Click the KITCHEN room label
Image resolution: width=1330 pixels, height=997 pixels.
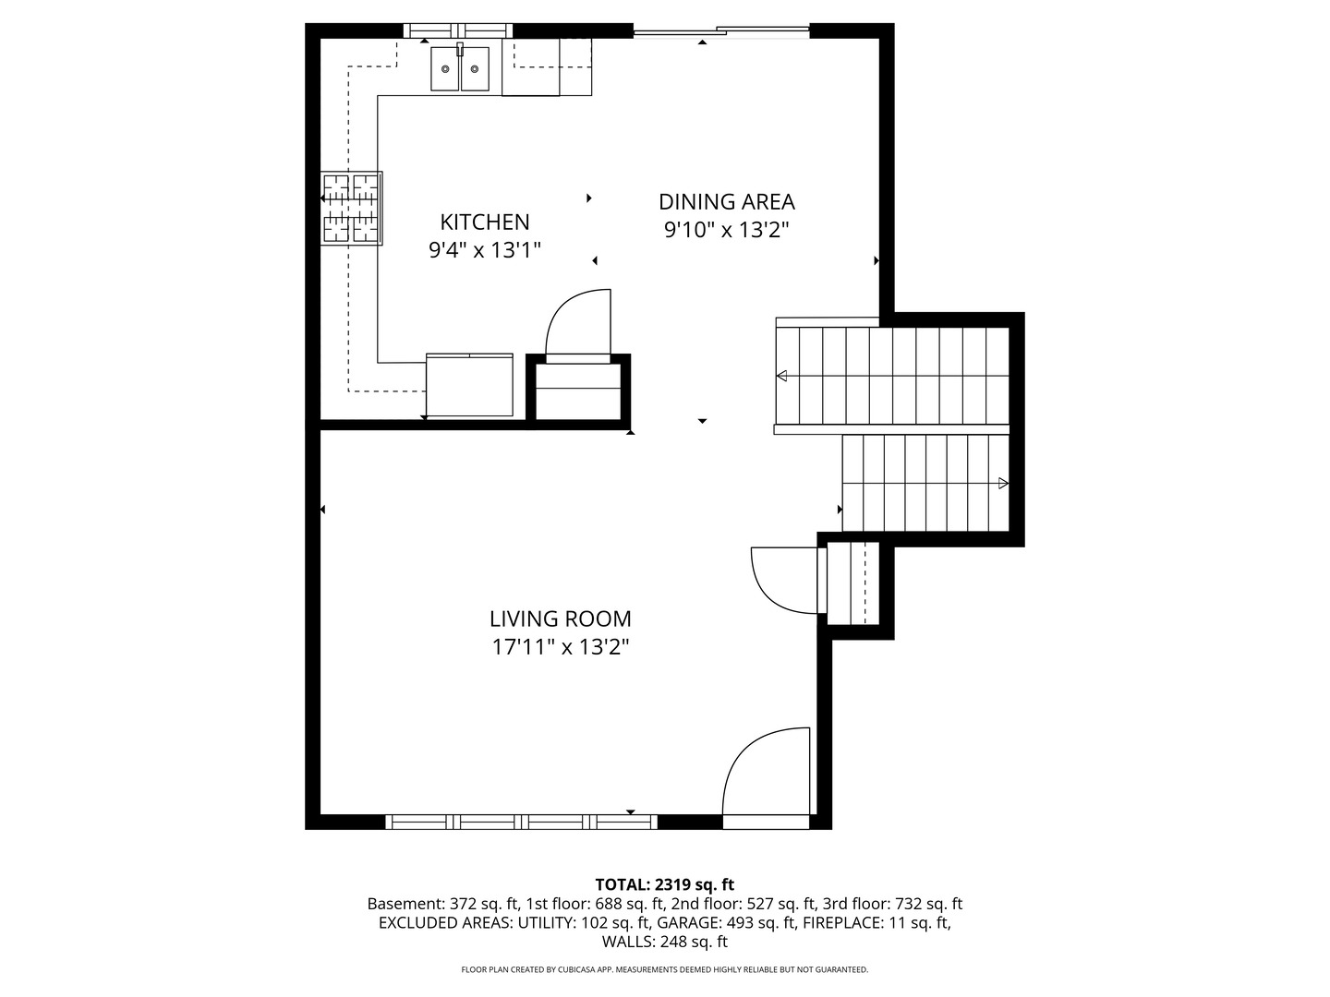(x=484, y=222)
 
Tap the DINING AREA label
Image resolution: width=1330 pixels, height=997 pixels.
(x=726, y=201)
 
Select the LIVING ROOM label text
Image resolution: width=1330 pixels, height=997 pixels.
(x=560, y=619)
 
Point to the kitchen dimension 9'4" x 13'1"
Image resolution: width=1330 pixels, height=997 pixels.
(x=484, y=249)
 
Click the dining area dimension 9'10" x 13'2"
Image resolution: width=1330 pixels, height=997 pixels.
(x=726, y=229)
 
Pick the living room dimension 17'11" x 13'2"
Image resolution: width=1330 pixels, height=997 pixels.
(x=560, y=646)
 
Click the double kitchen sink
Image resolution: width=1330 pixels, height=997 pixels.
(x=460, y=68)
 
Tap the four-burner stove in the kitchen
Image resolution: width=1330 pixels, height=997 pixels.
(x=351, y=208)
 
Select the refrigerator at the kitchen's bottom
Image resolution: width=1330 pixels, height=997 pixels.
(x=469, y=385)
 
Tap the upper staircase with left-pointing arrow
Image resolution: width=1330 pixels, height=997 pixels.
(x=892, y=376)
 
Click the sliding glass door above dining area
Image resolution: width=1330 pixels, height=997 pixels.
(x=721, y=31)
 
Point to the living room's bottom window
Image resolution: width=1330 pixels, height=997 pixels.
(x=522, y=822)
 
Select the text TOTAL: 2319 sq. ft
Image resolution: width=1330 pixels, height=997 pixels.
(x=664, y=884)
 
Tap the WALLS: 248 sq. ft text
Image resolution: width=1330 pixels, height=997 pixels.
(x=664, y=942)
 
